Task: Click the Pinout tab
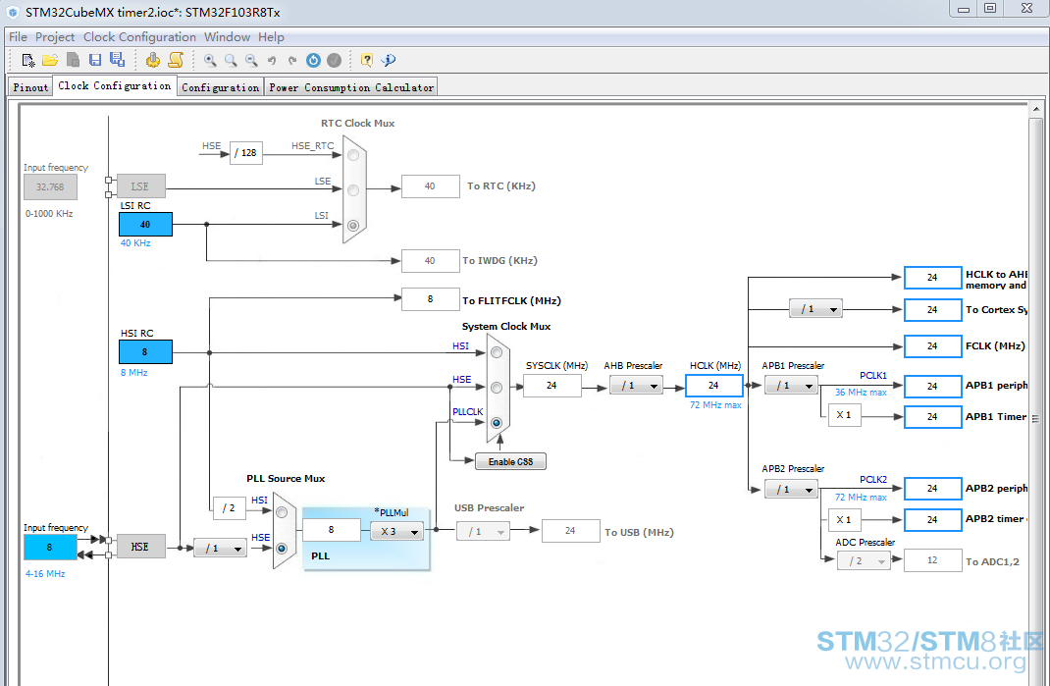30,87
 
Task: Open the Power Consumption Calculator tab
351,87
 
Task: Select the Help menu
271,37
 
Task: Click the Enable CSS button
510,461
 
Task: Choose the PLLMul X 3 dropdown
397,531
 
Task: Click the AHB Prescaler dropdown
636,386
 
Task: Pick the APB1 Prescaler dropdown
792,386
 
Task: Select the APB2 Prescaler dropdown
792,489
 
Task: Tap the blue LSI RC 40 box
145,225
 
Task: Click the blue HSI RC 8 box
145,351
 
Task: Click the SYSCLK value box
551,386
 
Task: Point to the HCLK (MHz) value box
713,386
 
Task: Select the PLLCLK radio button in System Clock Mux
497,423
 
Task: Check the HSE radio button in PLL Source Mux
282,549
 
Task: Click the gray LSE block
140,186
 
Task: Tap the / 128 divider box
245,153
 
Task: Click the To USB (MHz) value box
570,531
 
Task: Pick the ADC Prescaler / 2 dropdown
864,560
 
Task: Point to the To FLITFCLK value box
430,299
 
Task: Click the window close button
1025,8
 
